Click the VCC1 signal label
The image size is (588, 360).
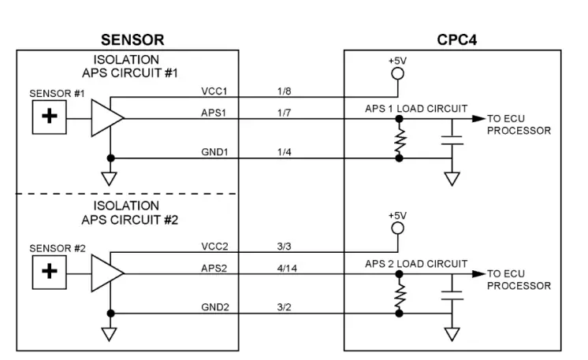213,92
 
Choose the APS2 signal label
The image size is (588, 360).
213,267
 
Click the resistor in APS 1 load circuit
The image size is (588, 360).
399,139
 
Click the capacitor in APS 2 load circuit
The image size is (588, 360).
452,293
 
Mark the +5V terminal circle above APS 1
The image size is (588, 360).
398,73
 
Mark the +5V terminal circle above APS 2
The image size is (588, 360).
398,228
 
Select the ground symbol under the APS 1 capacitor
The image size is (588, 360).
452,178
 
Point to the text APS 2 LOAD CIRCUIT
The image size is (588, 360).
416,263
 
